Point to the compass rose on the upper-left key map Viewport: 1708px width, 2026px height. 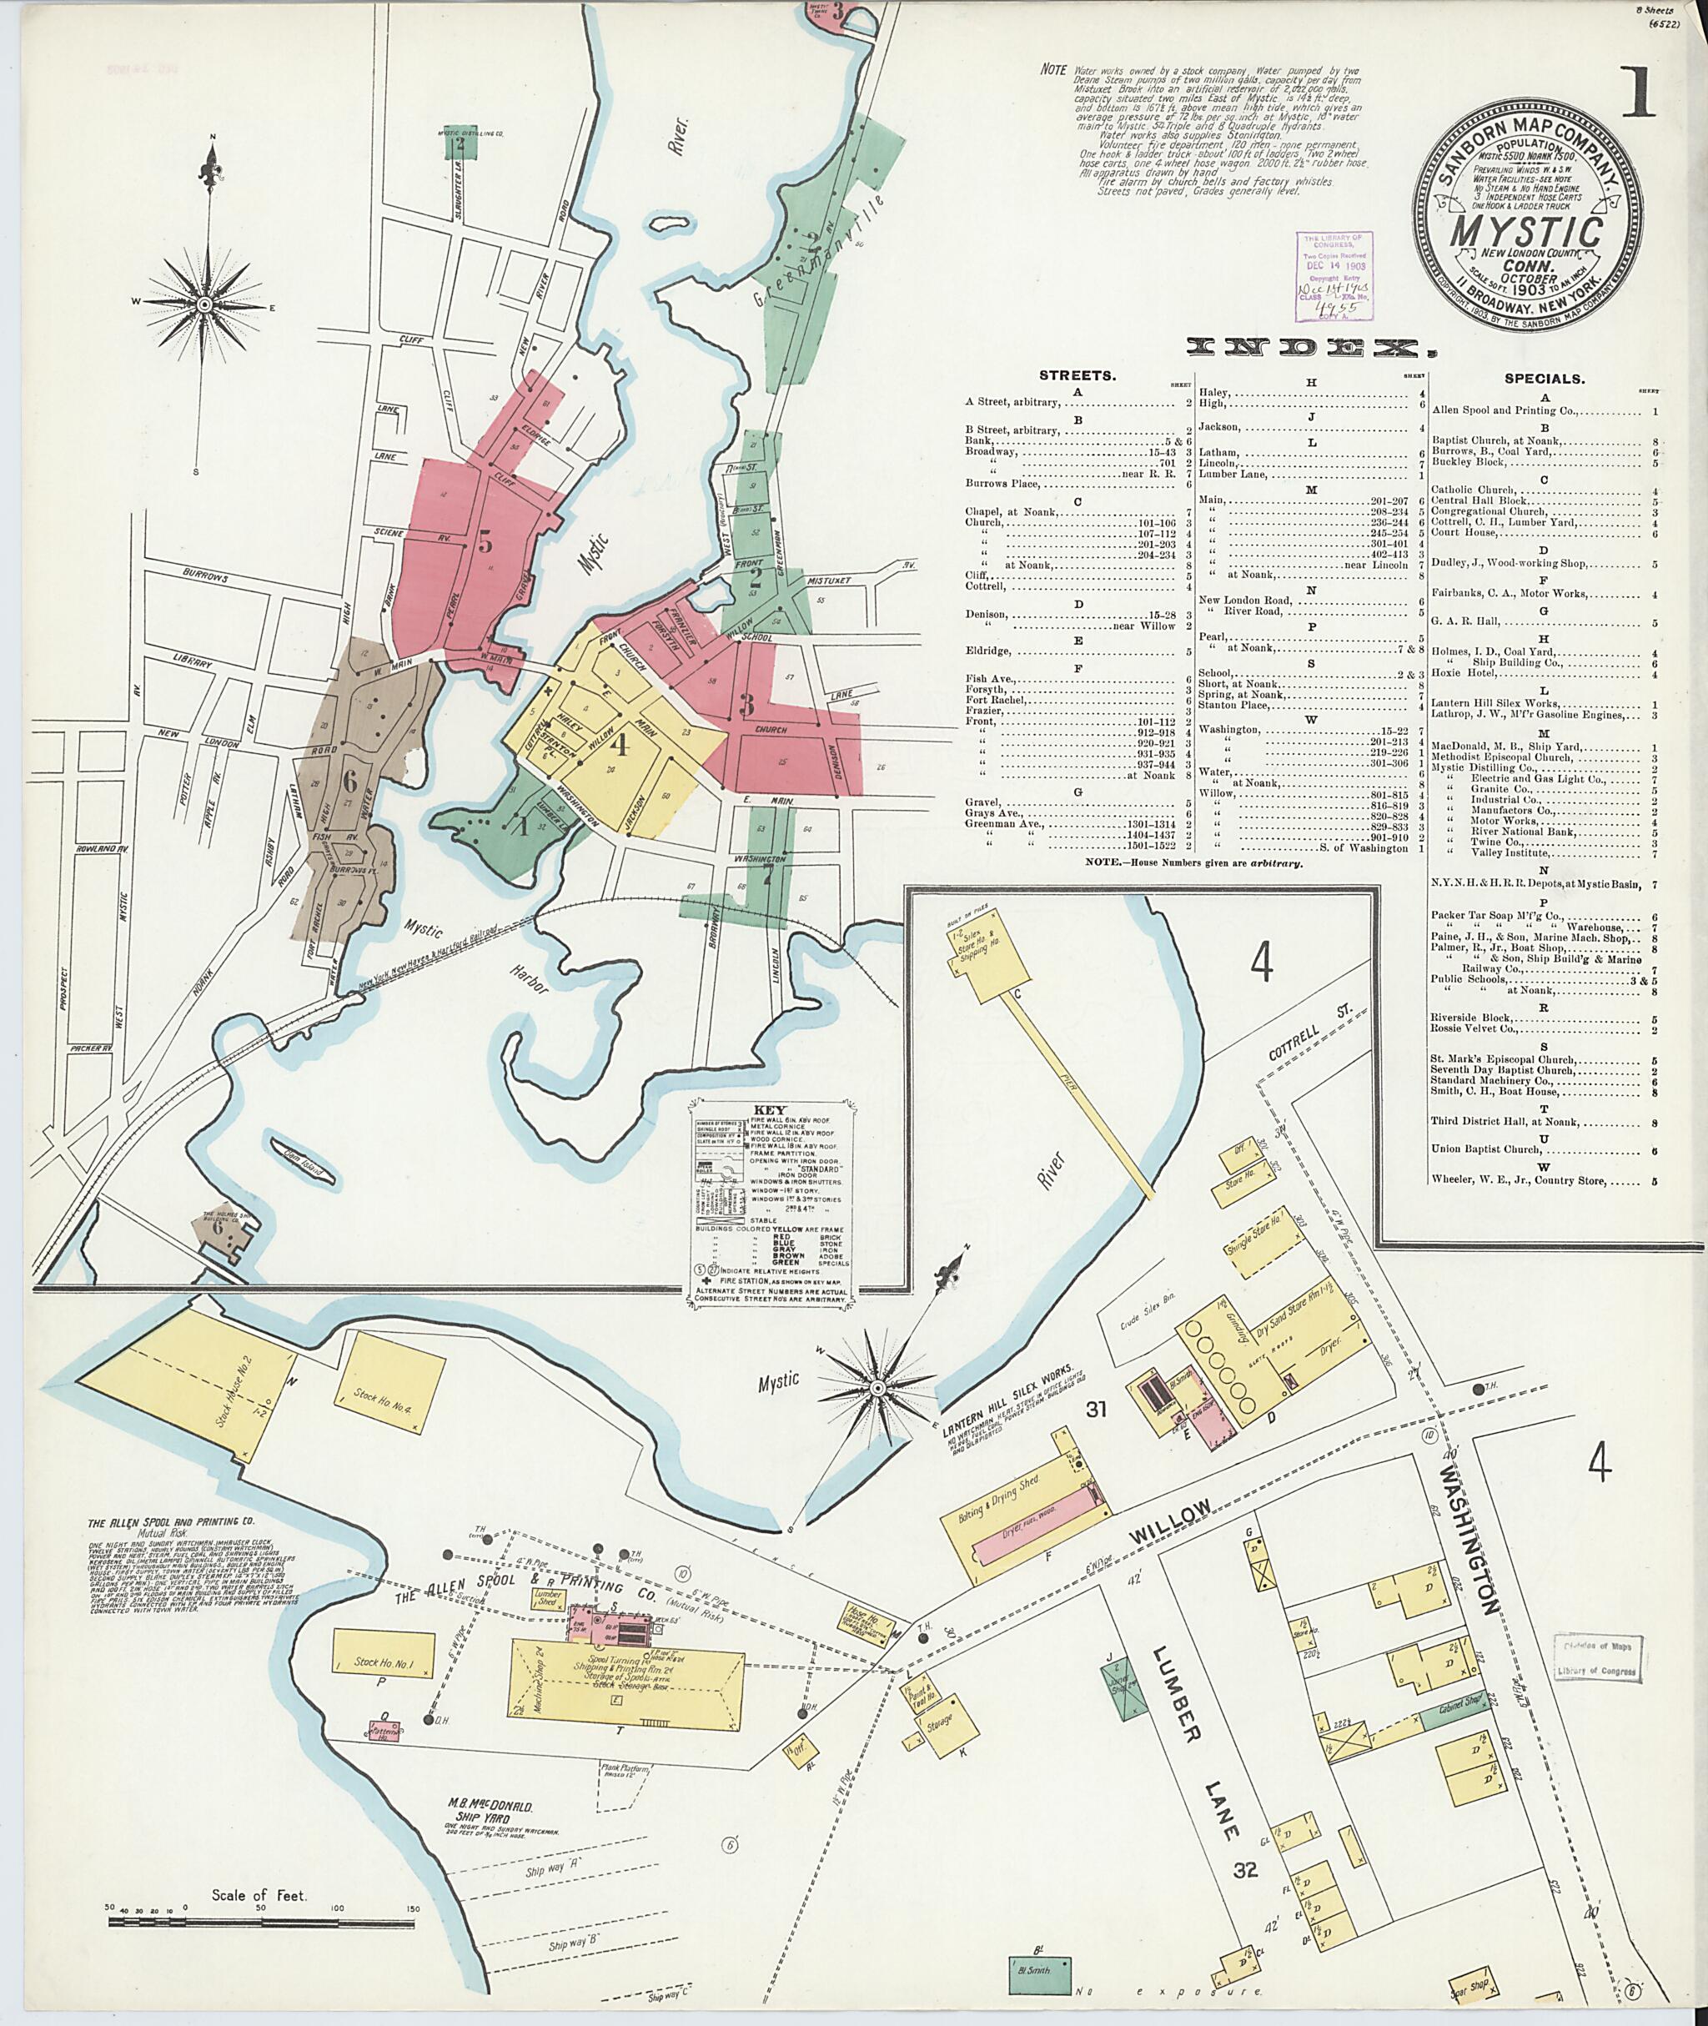coord(205,305)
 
